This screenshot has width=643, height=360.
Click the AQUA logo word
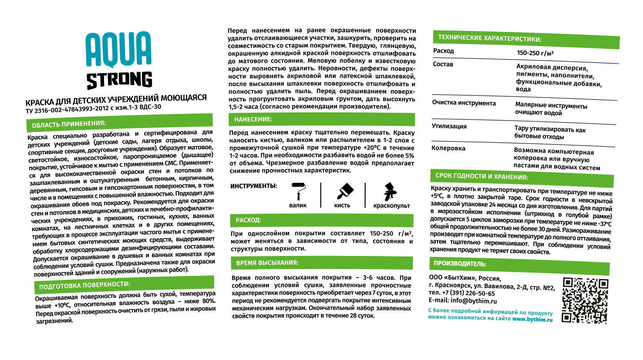118,49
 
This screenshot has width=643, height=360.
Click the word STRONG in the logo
119,80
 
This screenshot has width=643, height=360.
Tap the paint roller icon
297,191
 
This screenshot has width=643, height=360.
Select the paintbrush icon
345,191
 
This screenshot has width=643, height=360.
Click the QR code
585,300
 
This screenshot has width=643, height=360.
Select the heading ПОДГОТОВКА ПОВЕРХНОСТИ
84,286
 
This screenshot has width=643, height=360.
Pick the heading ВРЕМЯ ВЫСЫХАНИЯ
267,263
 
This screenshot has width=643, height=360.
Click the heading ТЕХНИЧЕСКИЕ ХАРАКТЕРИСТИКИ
490,38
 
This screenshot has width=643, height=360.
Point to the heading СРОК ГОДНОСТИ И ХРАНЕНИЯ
481,176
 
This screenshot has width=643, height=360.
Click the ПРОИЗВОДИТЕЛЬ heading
460,263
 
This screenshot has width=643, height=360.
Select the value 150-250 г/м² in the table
535,53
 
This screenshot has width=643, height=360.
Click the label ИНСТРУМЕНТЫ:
253,186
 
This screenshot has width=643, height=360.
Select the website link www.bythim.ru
532,319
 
